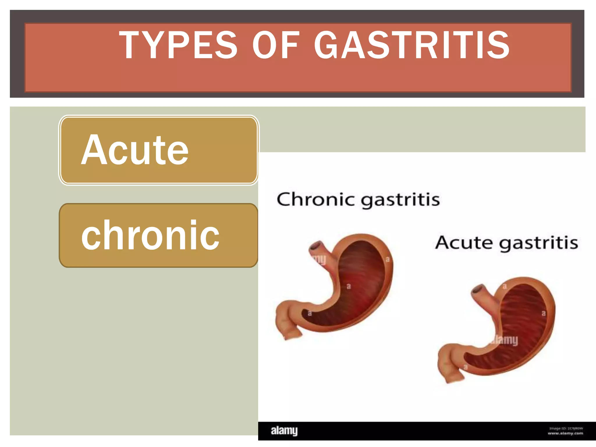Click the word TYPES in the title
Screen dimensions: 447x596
178,45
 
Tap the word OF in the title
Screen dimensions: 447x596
276,45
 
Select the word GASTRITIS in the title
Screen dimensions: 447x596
411,45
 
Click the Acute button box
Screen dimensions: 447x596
159,150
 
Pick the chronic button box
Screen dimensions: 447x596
159,235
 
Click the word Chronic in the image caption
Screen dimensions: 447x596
316,200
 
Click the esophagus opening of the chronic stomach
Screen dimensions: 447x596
316,246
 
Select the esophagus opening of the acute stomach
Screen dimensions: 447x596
478,290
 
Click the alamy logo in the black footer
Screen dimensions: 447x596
284,431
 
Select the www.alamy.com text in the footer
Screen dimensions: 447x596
565,433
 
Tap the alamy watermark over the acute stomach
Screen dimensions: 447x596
505,340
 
